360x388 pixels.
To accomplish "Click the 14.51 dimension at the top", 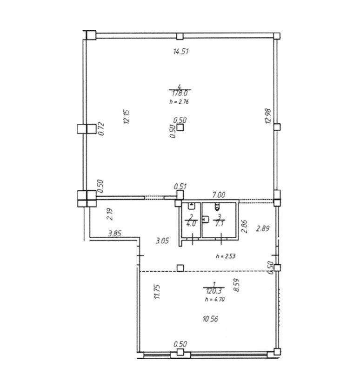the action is click(181, 52).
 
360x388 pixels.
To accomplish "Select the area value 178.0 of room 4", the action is click(180, 94).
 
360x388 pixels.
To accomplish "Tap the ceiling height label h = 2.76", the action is click(180, 101).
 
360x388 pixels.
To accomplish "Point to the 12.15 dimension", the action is click(127, 117).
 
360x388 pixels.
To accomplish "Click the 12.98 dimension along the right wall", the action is click(268, 116).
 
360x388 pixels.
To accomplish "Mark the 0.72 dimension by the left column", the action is click(101, 129).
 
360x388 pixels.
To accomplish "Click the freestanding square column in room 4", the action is click(180, 127).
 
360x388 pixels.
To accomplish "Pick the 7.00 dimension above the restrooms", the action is click(219, 195).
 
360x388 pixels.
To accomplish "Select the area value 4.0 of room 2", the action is click(191, 223).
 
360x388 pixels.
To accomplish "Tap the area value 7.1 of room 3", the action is click(219, 224).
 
